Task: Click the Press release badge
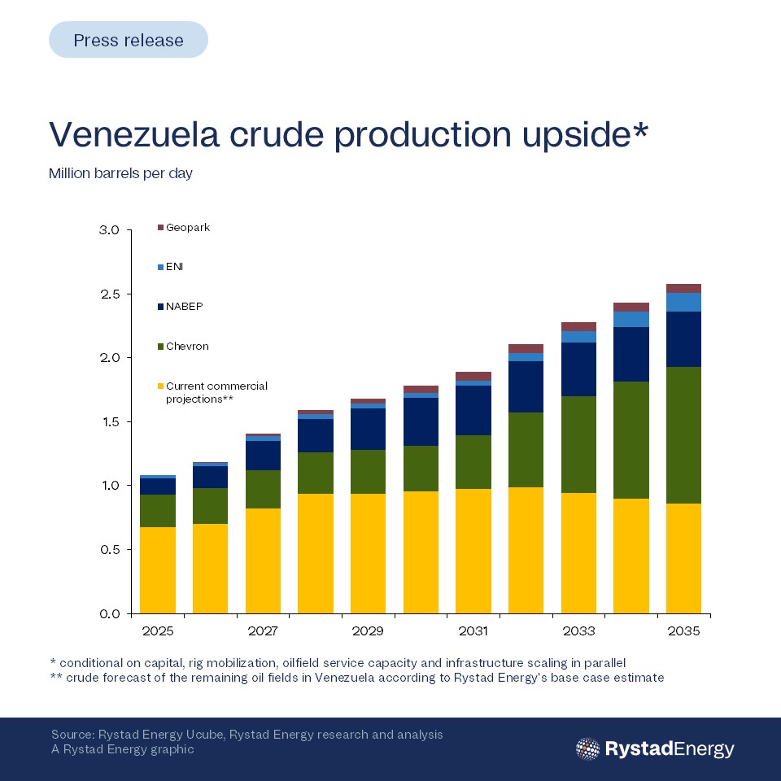tap(128, 39)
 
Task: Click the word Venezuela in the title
tap(134, 134)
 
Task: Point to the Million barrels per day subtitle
tap(120, 173)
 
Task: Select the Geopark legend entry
tap(184, 228)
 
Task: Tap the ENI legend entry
tap(170, 267)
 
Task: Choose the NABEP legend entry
tap(181, 307)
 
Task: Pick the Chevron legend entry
tap(183, 347)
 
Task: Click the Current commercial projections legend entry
tap(212, 392)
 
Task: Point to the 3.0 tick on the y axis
tap(110, 230)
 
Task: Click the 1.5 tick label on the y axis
tap(110, 422)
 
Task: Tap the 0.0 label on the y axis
tap(110, 613)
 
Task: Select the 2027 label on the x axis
tap(263, 631)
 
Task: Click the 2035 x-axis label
tap(683, 631)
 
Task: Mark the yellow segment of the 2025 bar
tap(157, 569)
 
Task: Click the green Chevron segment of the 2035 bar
tap(683, 435)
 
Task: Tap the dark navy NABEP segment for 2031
tap(473, 410)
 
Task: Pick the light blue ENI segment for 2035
tap(683, 303)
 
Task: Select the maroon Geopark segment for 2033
tap(578, 327)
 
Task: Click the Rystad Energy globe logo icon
tap(587, 748)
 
